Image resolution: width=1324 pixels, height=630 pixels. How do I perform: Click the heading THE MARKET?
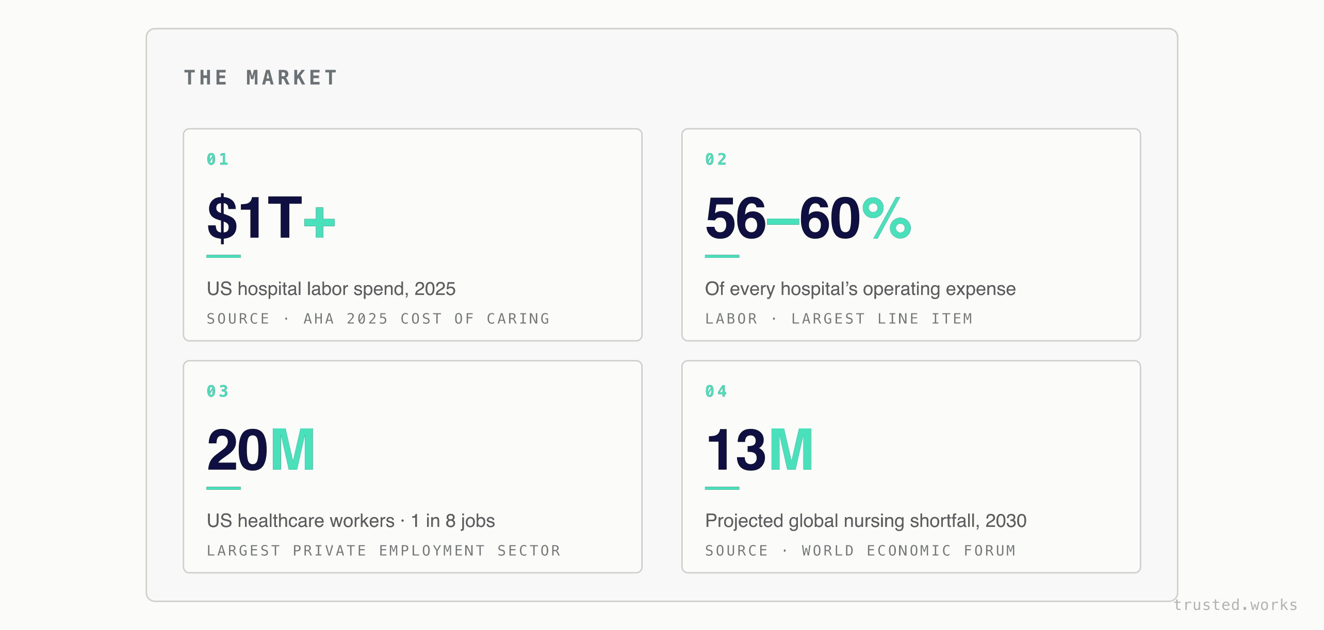tap(260, 78)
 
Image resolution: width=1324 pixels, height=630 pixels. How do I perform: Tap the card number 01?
tap(217, 159)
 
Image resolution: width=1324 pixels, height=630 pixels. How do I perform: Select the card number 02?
tap(716, 159)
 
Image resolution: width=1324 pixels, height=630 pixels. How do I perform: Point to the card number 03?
tap(217, 391)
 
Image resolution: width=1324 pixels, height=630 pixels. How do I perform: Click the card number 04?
tap(716, 391)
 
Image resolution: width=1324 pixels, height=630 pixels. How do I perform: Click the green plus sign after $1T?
tap(320, 222)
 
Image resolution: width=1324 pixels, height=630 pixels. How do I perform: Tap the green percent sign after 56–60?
tap(887, 218)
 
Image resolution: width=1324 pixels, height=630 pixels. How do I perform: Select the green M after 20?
tap(292, 450)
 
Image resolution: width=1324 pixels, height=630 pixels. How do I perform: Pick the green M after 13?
tap(791, 450)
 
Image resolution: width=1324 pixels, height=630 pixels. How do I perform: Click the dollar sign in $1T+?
tap(222, 218)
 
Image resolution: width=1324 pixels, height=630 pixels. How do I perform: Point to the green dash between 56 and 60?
tap(783, 222)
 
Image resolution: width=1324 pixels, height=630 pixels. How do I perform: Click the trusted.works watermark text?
tap(1235, 605)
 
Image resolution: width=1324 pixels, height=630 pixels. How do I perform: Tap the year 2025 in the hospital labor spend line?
tap(435, 289)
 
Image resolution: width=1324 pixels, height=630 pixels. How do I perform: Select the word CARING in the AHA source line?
tap(518, 319)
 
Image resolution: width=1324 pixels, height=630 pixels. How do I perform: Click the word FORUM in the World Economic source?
tap(990, 551)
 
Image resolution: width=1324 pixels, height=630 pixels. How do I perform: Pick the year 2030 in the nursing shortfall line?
tap(1006, 521)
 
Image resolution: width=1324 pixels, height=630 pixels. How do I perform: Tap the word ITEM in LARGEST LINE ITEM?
tap(952, 319)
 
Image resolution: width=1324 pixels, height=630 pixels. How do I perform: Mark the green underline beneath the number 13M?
tap(722, 488)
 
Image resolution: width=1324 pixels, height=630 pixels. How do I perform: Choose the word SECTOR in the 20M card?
tap(529, 551)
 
